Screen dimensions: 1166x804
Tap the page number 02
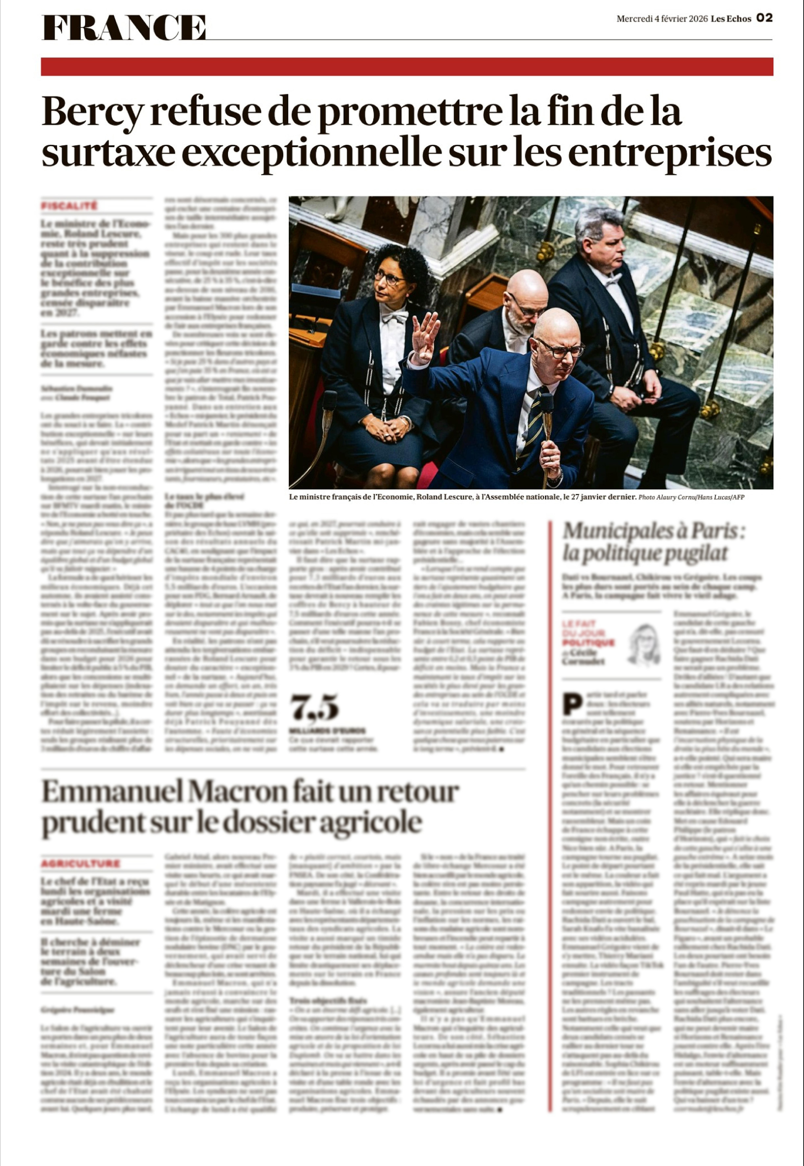click(764, 19)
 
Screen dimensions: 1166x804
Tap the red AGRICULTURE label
click(81, 864)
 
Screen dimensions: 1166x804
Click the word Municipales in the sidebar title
click(609, 531)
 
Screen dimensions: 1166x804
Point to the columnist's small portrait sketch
click(643, 644)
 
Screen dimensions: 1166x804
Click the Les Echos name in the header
click(731, 19)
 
